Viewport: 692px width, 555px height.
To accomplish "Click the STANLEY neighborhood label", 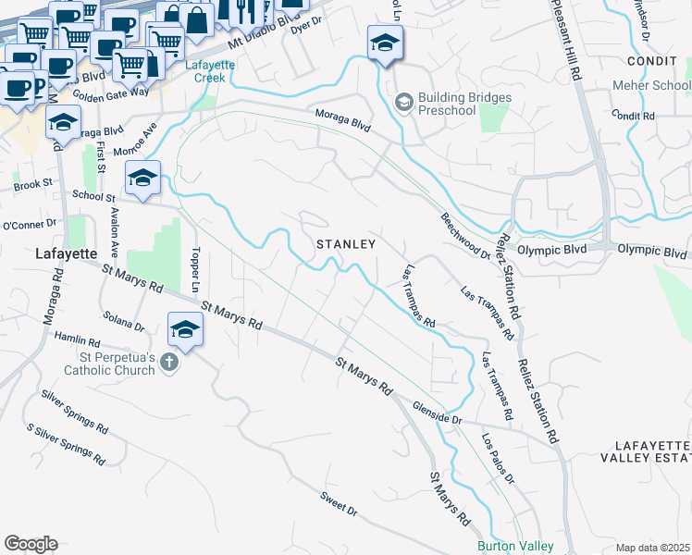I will [x=346, y=244].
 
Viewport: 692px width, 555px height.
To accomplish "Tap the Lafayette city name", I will [x=66, y=253].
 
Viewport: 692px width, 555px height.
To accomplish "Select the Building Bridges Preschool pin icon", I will [x=402, y=102].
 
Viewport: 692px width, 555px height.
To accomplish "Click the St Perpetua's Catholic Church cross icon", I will [x=168, y=362].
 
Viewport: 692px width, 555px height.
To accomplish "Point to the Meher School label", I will [x=651, y=86].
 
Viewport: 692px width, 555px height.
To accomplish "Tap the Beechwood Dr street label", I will [x=464, y=235].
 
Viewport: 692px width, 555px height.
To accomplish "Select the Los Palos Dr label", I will [x=497, y=454].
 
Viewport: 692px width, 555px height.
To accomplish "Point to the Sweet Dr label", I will [x=339, y=504].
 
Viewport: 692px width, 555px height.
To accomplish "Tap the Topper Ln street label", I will [x=195, y=267].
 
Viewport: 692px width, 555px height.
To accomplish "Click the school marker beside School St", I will [x=143, y=178].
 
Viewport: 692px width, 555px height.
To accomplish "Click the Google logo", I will [x=31, y=544].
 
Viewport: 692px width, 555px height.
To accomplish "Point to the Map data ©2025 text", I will [x=653, y=548].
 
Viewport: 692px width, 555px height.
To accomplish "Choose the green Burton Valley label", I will [x=515, y=547].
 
